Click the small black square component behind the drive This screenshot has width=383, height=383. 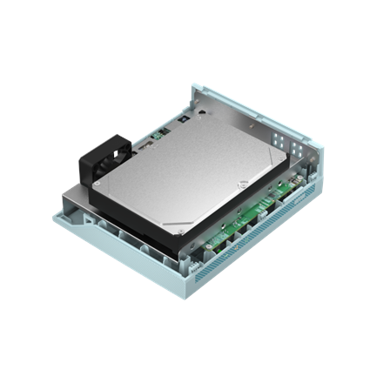tap(185, 117)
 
